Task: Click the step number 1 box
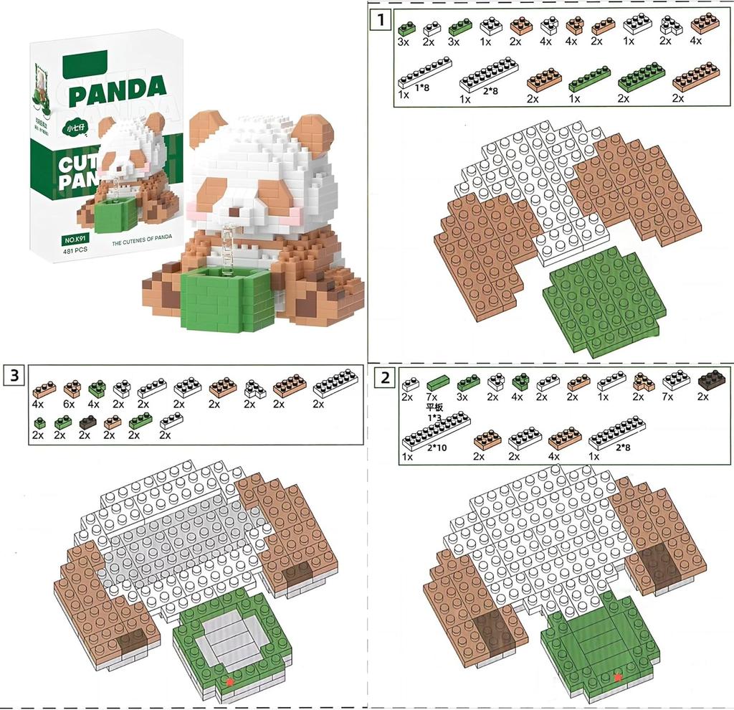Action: coord(380,19)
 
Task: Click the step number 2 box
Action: coord(386,377)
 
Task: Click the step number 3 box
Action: coord(14,374)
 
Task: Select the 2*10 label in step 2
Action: coord(438,448)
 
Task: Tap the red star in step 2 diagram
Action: coord(618,676)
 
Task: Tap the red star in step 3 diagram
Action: coord(229,681)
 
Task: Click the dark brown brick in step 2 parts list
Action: coord(712,380)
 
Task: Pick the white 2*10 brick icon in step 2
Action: coord(437,430)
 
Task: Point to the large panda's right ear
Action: coord(313,132)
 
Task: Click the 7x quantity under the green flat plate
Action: coord(433,397)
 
